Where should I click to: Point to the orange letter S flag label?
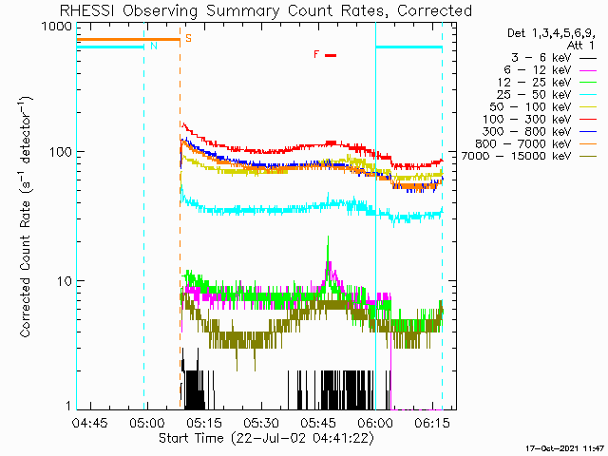(188, 39)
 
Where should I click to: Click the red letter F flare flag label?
(316, 54)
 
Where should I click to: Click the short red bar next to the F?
(331, 55)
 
